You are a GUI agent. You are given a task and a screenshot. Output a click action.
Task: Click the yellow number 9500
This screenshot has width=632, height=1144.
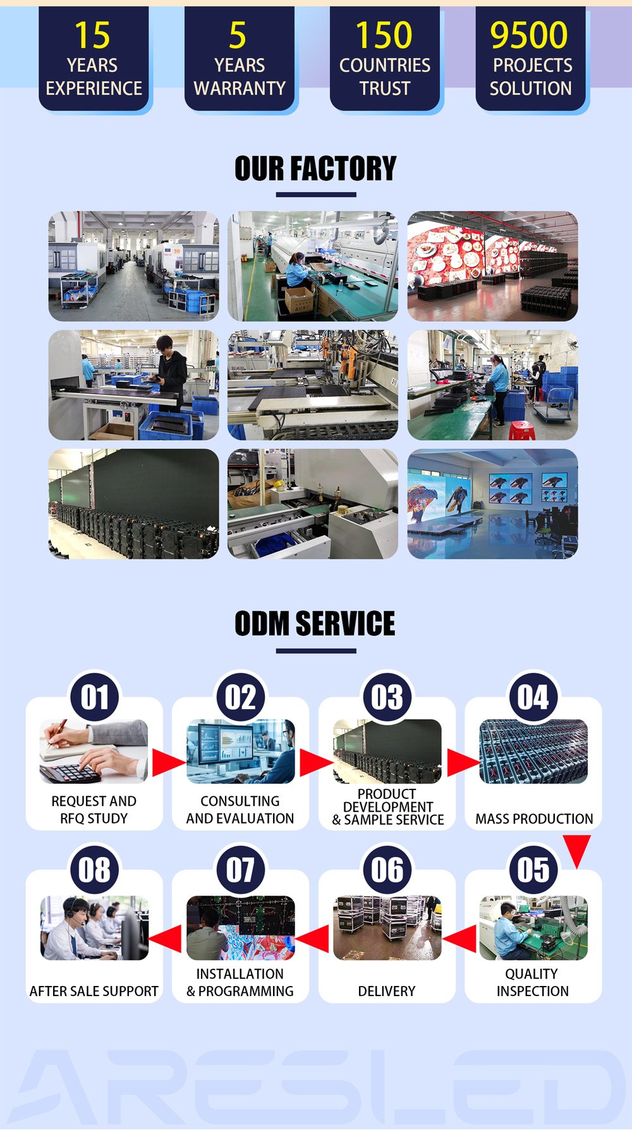(529, 35)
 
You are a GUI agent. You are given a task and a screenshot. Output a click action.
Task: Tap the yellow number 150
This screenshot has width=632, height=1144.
(384, 35)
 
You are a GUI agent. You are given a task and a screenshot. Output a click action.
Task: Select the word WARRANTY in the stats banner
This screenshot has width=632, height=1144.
(240, 88)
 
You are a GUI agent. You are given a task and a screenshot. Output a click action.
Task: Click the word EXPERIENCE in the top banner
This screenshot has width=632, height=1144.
(94, 88)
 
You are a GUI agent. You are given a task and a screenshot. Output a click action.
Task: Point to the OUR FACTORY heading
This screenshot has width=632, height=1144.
(315, 169)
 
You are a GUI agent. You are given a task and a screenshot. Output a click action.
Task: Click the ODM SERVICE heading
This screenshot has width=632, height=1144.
(315, 624)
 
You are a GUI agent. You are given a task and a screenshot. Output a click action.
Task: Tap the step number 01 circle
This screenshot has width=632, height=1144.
(95, 697)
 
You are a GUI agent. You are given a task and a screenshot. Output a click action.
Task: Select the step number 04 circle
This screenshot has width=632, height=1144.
(533, 697)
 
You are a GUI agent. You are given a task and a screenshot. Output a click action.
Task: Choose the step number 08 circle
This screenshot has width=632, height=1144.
(95, 870)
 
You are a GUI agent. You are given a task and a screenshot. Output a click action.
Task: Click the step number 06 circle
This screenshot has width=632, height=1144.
(387, 870)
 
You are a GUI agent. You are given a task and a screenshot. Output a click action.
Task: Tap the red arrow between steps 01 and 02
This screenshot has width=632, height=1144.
(167, 763)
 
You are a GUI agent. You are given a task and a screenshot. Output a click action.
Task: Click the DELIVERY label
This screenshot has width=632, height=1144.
(387, 991)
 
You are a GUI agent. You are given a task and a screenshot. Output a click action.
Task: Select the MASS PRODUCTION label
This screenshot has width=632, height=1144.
(534, 818)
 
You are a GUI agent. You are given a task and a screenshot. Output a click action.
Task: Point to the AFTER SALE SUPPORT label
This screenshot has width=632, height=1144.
(94, 991)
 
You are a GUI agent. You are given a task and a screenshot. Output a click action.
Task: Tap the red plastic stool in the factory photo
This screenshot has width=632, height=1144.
(521, 430)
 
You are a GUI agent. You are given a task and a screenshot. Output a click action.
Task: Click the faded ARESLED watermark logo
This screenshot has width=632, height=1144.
(316, 1088)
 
